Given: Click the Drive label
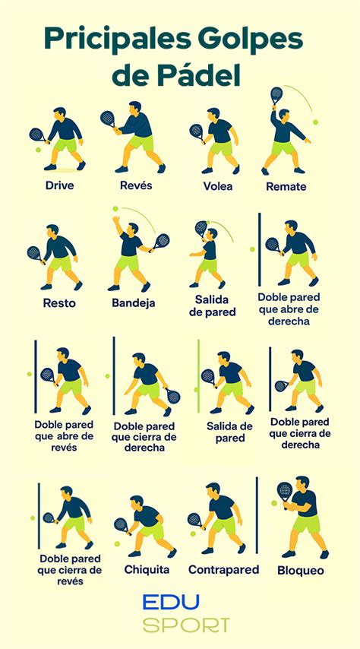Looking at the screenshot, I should (60, 185).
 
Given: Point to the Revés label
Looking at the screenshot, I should (137, 185).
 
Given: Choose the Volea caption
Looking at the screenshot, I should (218, 186).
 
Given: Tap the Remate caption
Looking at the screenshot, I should (286, 186).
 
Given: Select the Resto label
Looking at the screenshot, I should (59, 303).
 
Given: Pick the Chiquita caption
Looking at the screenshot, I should (147, 569).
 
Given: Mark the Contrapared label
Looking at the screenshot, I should (223, 569).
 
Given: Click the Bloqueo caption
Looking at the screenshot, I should (301, 570).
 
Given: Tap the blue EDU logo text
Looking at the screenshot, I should (172, 603).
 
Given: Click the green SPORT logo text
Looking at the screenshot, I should (186, 625).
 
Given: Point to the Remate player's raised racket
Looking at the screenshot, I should (276, 95).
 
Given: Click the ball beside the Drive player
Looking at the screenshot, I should (38, 150).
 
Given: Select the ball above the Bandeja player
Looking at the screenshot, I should (115, 208).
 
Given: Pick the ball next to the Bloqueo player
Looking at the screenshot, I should (274, 503).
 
